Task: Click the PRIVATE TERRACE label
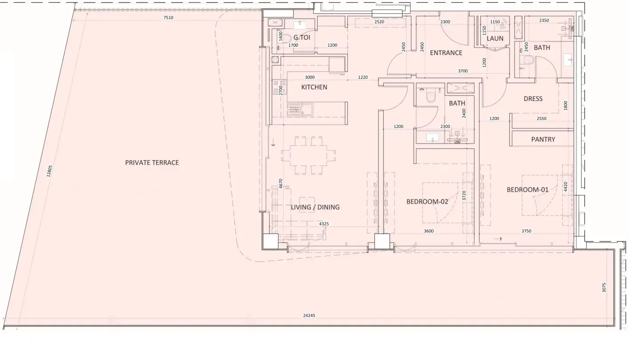[152, 163]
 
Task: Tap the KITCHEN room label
[314, 87]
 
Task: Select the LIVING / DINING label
[315, 207]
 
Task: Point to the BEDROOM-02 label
[427, 201]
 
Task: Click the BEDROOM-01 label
[527, 190]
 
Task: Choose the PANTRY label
[543, 139]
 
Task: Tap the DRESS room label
[533, 99]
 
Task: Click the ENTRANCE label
[446, 53]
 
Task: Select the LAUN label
[495, 38]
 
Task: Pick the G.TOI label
[302, 37]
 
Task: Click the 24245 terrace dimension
[309, 316]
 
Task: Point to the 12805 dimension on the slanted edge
[49, 171]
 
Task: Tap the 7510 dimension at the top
[168, 18]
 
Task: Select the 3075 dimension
[604, 288]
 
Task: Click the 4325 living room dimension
[324, 224]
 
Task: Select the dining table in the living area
[308, 155]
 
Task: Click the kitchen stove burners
[279, 87]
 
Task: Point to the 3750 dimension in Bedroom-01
[526, 231]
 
